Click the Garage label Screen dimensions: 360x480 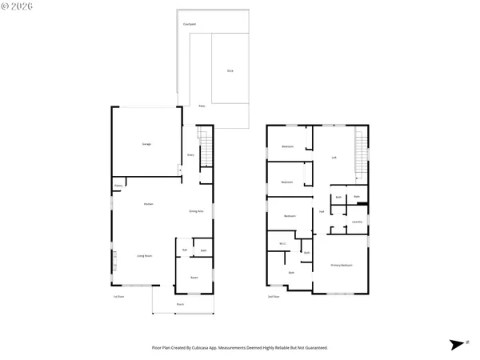tap(146, 144)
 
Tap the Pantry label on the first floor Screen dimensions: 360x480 tap(118, 186)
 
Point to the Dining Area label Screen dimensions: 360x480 tap(196, 211)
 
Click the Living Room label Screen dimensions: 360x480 tap(145, 256)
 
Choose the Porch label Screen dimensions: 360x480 tap(180, 305)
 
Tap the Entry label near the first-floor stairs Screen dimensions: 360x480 tap(190, 154)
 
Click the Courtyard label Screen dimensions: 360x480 tap(189, 25)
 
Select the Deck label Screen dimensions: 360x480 tap(230, 71)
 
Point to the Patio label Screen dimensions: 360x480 tap(202, 106)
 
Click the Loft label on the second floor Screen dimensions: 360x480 tap(334, 157)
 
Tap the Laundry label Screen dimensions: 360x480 tap(357, 222)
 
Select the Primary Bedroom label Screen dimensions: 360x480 tap(342, 265)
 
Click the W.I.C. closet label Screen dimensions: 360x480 tap(282, 244)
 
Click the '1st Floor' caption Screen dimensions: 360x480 tap(118, 297)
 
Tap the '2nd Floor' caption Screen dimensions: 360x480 tap(274, 297)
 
